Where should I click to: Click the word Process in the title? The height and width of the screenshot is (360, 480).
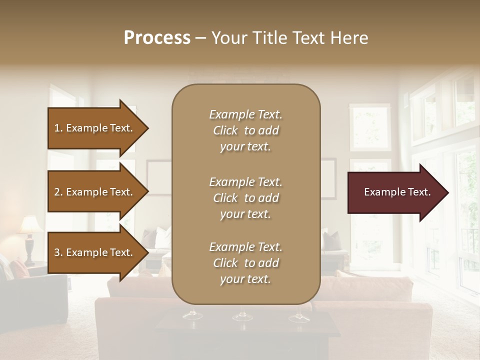coord(157,37)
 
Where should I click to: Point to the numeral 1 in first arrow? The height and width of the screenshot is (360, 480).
coord(57,128)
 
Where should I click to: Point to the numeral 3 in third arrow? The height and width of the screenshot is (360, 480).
coord(57,252)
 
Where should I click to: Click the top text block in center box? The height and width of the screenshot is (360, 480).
coord(245,130)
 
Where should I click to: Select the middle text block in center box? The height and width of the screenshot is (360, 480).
coord(245,197)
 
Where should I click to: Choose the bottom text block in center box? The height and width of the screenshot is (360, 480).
coord(245,263)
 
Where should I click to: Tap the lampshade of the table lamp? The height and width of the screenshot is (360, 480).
coord(30,225)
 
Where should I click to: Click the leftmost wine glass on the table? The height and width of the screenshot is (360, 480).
coord(192,314)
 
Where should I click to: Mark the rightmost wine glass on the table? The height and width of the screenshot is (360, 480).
coord(298,316)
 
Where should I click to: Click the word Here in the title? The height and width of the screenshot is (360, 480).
coord(350,37)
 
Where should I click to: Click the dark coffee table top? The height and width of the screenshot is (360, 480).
coord(250,330)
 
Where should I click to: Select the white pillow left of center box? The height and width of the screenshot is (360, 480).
coord(162,237)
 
